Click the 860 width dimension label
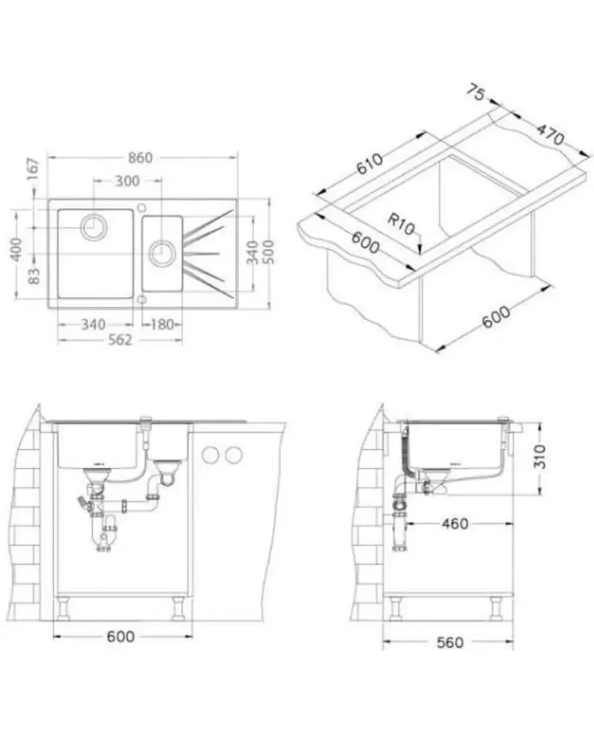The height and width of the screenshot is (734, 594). (x=140, y=158)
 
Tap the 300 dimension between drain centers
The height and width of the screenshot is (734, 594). (x=127, y=181)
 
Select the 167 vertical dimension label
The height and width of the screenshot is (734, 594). (x=34, y=169)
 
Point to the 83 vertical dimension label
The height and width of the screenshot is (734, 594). (x=34, y=276)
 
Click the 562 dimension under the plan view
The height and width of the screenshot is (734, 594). (x=120, y=340)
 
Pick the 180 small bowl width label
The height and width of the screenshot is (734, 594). (x=162, y=325)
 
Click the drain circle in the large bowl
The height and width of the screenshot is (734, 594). (x=93, y=227)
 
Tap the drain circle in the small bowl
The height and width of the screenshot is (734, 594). (x=162, y=253)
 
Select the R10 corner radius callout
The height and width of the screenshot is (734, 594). (x=402, y=225)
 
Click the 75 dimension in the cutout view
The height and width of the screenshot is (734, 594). (x=476, y=92)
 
